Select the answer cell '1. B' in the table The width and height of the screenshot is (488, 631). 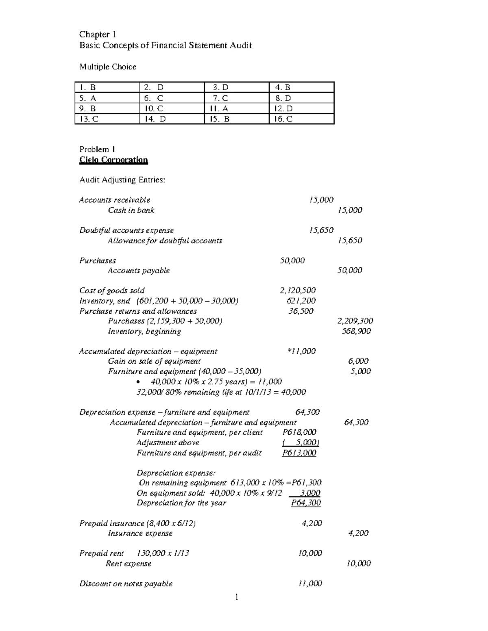tap(88, 87)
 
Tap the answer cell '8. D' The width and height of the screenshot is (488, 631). tap(283, 98)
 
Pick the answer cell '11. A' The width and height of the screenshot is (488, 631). tap(219, 108)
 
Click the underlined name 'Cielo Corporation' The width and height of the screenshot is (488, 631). tap(113, 160)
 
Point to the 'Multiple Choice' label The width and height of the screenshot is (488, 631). tap(108, 67)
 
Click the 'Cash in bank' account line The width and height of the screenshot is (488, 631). tap(131, 210)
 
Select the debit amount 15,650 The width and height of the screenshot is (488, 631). tap(321, 230)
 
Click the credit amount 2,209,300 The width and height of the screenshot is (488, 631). tap(355, 321)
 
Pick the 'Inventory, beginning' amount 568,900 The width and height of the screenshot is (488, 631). tap(356, 331)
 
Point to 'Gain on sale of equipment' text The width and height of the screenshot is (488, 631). tap(154, 361)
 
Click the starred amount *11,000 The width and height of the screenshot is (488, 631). tap(301, 351)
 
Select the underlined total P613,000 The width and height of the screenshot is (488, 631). tap(299, 453)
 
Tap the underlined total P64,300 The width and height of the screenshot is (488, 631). tap(306, 503)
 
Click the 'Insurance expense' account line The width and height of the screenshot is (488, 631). tap(140, 533)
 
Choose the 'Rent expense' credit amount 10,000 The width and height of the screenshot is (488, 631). tap(358, 564)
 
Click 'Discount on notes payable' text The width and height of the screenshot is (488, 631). tap(126, 584)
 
